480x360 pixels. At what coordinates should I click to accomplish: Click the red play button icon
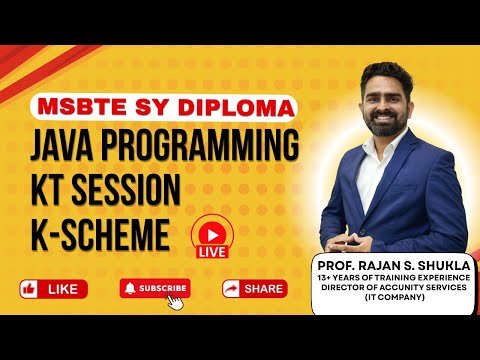pos(213,227)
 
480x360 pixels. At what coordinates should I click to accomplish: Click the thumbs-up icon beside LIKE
pos(29,289)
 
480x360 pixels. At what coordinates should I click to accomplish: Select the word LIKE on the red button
pos(63,289)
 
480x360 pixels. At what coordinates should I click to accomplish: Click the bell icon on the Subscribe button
pos(129,288)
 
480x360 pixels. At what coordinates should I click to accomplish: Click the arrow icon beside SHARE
pos(231,289)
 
